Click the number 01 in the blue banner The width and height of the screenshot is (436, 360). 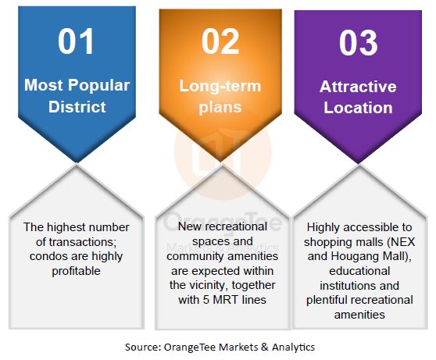76,41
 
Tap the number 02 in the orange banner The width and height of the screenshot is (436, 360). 220,41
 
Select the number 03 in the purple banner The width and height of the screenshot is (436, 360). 358,43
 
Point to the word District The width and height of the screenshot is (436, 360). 77,106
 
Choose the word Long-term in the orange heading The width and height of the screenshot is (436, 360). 220,87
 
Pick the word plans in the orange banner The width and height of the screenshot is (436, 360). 220,108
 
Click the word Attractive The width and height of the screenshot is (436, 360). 358,87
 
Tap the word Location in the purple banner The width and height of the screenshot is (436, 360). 358,108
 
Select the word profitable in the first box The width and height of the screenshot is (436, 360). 77,271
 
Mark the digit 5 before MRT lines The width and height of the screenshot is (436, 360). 205,300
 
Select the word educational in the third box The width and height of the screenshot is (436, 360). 359,271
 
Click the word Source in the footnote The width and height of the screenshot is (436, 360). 143,348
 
